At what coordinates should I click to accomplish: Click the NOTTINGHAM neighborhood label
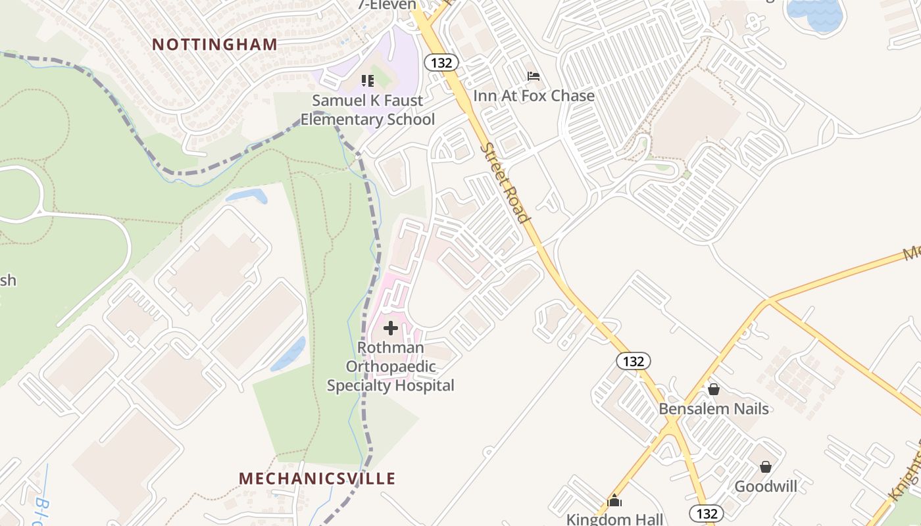214,45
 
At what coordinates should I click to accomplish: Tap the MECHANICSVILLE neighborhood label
317,479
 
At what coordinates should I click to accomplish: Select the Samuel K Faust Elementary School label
368,110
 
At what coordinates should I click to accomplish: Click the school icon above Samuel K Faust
368,81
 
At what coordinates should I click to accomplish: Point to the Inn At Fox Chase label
534,96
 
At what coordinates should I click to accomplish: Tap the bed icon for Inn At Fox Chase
534,77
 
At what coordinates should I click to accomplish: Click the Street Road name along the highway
505,183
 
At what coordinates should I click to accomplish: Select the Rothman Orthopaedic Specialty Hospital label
391,366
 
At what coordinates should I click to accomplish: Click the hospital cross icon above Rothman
391,328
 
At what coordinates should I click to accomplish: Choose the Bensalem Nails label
714,409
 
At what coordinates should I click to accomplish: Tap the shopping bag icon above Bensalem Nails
714,389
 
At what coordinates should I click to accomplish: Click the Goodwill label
766,487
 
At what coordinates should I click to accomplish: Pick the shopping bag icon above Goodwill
766,467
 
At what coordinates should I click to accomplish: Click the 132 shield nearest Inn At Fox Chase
441,62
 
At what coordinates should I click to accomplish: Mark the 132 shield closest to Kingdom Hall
707,513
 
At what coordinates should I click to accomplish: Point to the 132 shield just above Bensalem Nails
634,361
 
